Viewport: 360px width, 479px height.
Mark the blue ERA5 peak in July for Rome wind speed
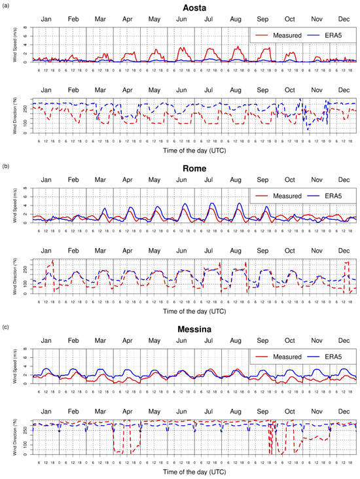tap(211, 204)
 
